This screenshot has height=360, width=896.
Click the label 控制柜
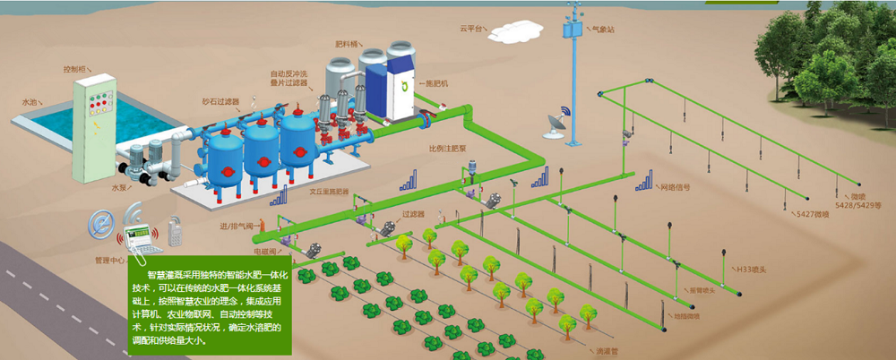(x=75, y=68)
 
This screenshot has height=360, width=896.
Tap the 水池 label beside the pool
(x=30, y=102)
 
